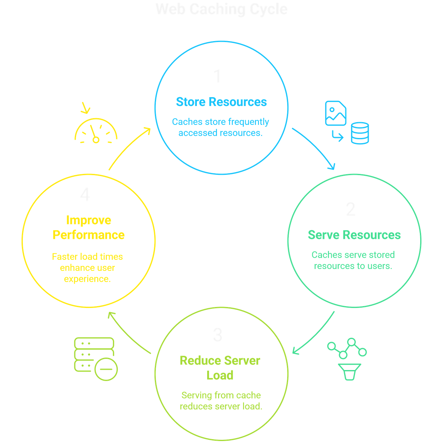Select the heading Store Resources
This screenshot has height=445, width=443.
(x=221, y=102)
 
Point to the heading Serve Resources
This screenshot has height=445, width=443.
(x=354, y=235)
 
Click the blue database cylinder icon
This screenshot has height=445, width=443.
(x=360, y=133)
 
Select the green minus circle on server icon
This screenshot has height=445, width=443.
(x=106, y=369)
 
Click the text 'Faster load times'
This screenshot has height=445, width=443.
(x=87, y=257)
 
